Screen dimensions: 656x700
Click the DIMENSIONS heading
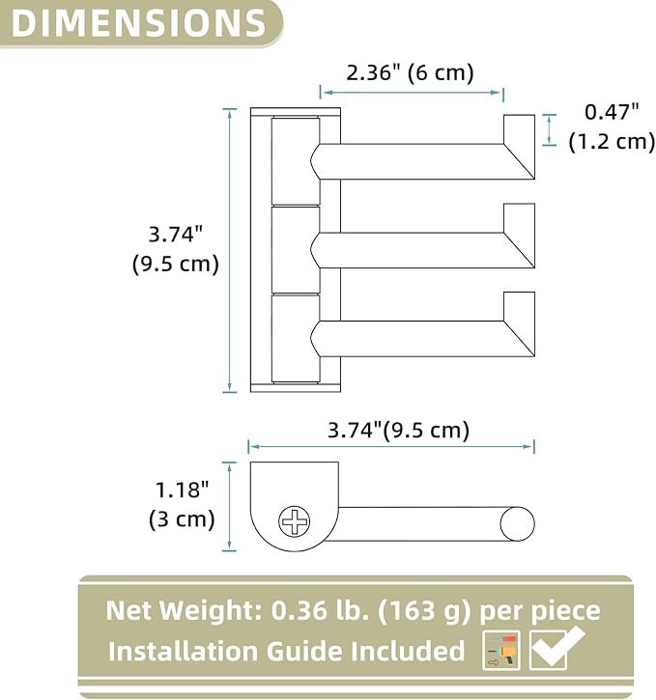pyautogui.click(x=138, y=22)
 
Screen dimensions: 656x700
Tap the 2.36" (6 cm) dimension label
pyautogui.click(x=410, y=72)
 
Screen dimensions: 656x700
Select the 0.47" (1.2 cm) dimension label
pyautogui.click(x=612, y=126)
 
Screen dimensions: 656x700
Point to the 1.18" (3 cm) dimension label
pyautogui.click(x=182, y=504)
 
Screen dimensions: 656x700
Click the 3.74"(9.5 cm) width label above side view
pyautogui.click(x=398, y=430)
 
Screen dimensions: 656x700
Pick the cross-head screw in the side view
pyautogui.click(x=295, y=521)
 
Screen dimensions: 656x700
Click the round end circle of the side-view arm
pyautogui.click(x=517, y=523)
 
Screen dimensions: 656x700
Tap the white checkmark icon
pyautogui.click(x=556, y=648)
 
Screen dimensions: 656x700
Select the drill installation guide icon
pyautogui.click(x=501, y=650)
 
